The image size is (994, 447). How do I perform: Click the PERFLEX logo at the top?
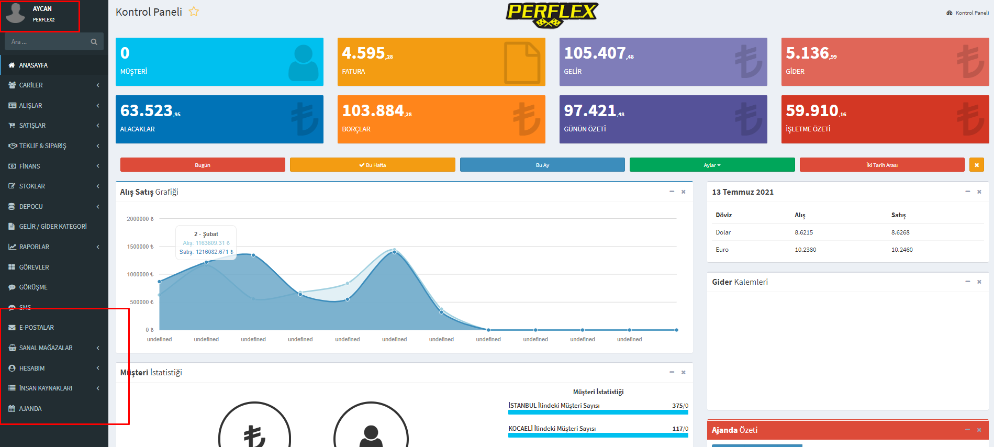(552, 14)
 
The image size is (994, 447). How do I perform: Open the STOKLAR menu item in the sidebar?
(32, 186)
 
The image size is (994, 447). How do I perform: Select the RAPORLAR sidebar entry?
(34, 247)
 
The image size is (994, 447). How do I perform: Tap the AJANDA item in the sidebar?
(30, 409)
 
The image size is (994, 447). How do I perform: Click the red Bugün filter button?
(203, 165)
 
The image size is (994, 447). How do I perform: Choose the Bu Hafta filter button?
(372, 165)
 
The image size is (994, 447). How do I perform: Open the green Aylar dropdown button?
(712, 165)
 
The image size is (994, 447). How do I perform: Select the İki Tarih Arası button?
(881, 165)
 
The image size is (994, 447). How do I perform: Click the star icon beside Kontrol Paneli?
(194, 12)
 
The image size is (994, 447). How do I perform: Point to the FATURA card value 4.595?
(364, 53)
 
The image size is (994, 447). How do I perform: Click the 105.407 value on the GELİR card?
(595, 53)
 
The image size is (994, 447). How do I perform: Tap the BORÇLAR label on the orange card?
(356, 129)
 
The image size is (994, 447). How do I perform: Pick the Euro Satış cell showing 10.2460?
(902, 250)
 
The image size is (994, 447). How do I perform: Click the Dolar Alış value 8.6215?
(804, 232)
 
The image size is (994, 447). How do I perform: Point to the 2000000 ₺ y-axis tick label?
(140, 219)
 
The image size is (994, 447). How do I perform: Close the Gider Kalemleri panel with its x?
(979, 282)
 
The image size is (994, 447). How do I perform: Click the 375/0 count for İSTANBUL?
(680, 406)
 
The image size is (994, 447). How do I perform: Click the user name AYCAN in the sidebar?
(42, 9)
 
